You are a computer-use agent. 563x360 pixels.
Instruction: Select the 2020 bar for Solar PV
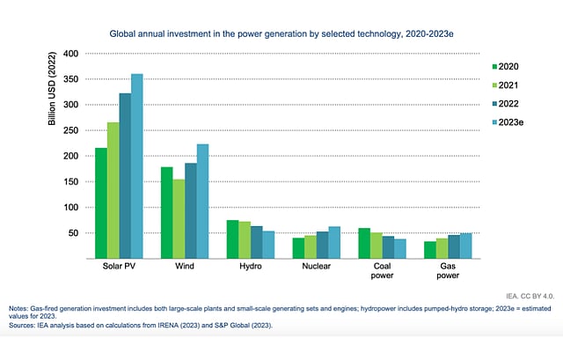[101, 203]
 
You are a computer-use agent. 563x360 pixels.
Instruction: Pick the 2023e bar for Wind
[202, 202]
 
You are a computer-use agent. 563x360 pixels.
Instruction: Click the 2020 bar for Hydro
[232, 239]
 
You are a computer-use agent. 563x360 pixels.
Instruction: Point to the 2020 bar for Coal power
[363, 244]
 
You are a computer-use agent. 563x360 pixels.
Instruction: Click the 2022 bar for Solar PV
[125, 176]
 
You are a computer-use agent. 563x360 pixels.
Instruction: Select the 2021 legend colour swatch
[493, 84]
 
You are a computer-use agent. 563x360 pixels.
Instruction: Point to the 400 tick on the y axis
[70, 54]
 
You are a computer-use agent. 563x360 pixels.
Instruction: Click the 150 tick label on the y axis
[70, 181]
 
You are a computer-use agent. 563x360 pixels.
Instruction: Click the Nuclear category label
[317, 266]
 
